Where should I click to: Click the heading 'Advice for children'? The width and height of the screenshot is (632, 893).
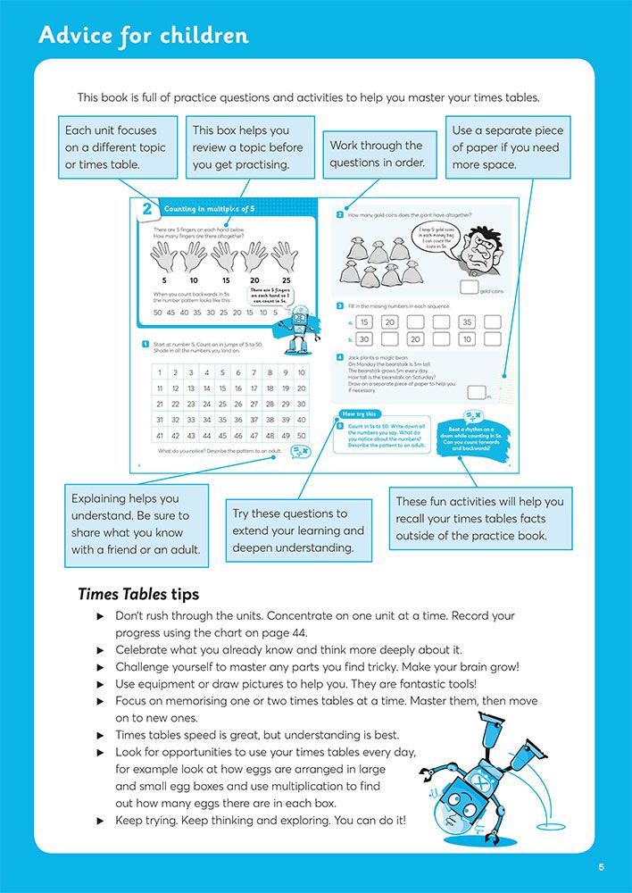coord(144,36)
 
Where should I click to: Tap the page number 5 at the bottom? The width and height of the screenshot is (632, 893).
coord(602,867)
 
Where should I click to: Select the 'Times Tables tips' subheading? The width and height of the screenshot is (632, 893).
coord(138,594)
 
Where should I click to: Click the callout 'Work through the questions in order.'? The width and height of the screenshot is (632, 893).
coord(376,154)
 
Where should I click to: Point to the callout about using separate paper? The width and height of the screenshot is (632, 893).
coord(507,147)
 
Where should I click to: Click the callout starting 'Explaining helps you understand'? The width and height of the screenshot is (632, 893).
coord(137,524)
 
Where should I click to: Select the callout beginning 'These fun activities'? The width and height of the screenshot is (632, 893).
coord(479,518)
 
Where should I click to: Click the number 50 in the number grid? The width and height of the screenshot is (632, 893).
coord(301,436)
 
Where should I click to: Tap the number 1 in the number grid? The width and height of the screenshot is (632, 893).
coord(159,373)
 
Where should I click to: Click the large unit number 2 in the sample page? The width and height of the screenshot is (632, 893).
coord(146,211)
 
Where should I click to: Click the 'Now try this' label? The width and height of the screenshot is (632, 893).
coord(359,413)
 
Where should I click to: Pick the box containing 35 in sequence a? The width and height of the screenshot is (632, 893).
coord(467,322)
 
